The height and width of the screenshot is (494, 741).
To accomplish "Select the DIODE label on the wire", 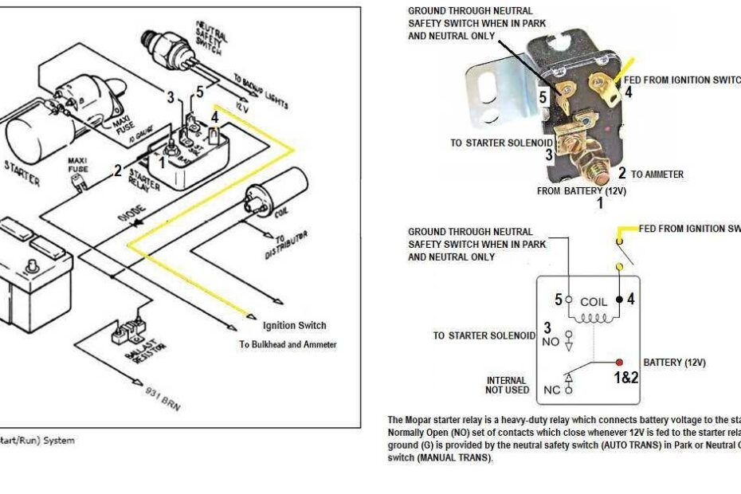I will coord(131,214).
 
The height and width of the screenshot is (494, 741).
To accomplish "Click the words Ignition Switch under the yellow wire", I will coord(294,325).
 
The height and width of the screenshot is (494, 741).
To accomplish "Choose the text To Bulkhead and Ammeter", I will coord(288,345).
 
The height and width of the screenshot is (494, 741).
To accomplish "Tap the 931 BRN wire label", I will coord(163,395).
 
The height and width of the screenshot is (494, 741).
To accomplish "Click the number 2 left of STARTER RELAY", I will coord(118,170).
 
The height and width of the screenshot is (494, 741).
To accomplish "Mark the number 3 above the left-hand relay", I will coord(170,97).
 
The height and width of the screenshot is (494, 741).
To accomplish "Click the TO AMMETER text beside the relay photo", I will coord(657,174).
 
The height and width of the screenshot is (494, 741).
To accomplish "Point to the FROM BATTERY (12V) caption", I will coord(582,191).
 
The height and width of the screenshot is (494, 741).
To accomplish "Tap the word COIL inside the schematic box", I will coord(594,302).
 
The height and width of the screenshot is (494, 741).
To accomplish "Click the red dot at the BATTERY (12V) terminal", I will coord(619,362).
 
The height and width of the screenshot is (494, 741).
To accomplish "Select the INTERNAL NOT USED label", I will coord(506,386).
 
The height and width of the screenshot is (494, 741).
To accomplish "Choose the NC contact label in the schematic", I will coord(551,391).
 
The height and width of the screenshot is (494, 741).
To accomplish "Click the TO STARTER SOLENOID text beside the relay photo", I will coord(501,143).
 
